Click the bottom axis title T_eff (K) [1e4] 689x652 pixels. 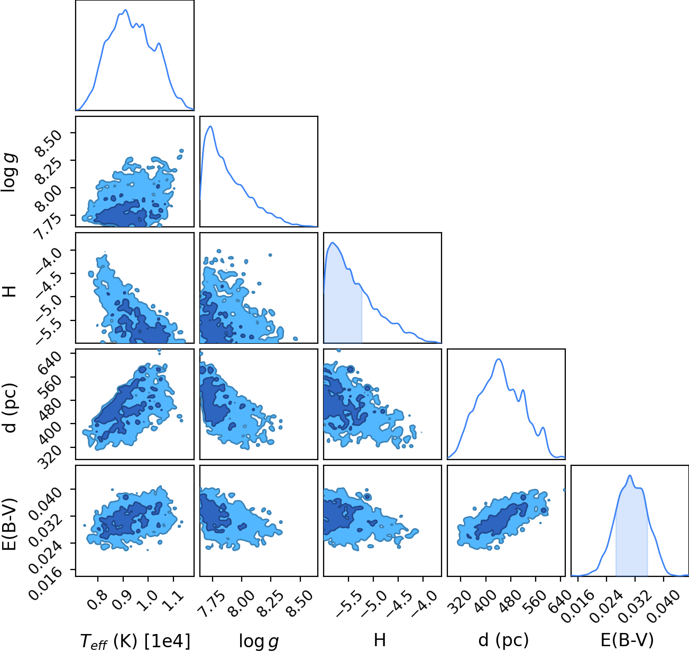(135, 640)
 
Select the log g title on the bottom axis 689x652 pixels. (259, 641)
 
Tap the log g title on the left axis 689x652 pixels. (9, 172)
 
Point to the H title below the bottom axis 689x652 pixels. (380, 640)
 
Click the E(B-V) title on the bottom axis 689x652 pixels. (627, 640)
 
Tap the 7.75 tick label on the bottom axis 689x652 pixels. (211, 602)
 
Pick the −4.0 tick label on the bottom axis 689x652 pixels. (424, 602)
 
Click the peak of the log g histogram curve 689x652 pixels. (210, 126)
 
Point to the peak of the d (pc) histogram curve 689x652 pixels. (499, 359)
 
